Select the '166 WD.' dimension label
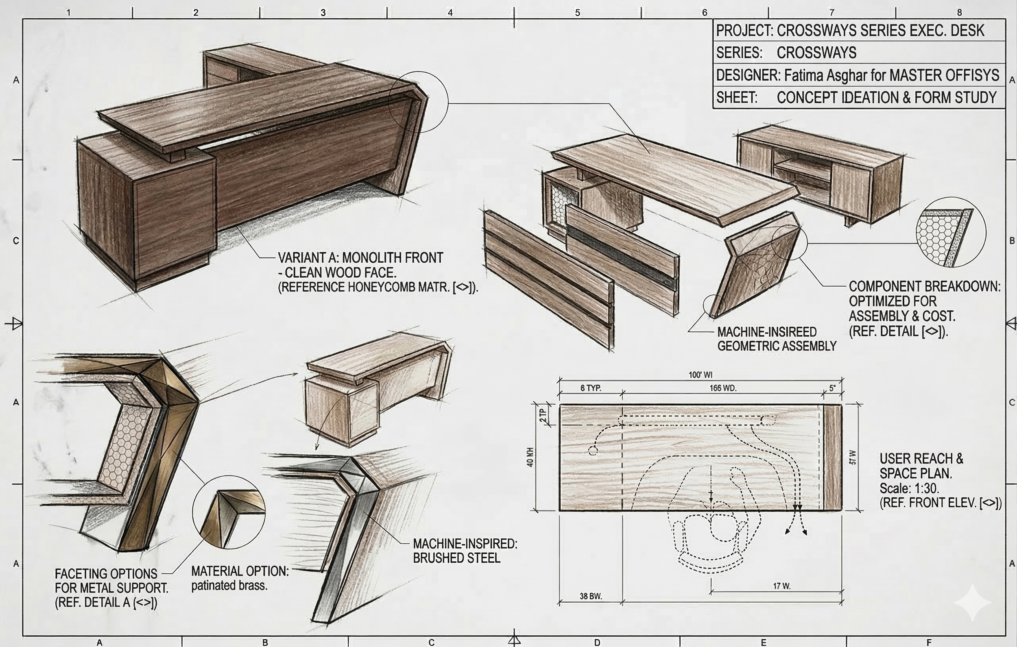(x=722, y=388)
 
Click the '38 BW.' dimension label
(x=590, y=596)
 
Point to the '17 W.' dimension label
(x=782, y=586)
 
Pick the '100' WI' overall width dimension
(x=700, y=375)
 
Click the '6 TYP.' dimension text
(x=590, y=388)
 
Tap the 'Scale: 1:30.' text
(x=909, y=488)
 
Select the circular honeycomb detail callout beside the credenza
(x=951, y=232)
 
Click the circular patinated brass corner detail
(x=229, y=512)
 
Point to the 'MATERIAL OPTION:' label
(x=240, y=571)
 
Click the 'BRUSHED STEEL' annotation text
(x=456, y=558)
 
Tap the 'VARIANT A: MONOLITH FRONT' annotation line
(x=360, y=257)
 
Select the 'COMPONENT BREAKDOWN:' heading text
(x=925, y=286)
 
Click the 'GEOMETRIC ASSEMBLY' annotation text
(x=777, y=346)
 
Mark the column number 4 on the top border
(x=450, y=13)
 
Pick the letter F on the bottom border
(x=929, y=643)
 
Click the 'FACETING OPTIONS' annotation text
(x=106, y=573)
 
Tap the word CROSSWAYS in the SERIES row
(x=816, y=53)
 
